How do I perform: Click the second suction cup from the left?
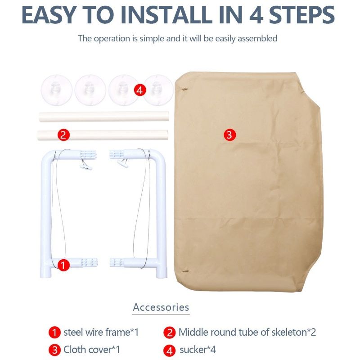pos(90,89)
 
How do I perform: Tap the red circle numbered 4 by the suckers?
pos(140,90)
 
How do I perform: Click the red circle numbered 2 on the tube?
pos(63,135)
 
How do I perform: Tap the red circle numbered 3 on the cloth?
pos(229,135)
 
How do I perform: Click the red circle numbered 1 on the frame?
pos(63,265)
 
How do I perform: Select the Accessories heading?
pos(161,307)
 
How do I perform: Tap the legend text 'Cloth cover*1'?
pos(91,349)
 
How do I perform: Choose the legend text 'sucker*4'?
pos(198,349)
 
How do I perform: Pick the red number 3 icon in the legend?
pos(54,350)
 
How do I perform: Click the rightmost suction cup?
pos(158,89)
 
